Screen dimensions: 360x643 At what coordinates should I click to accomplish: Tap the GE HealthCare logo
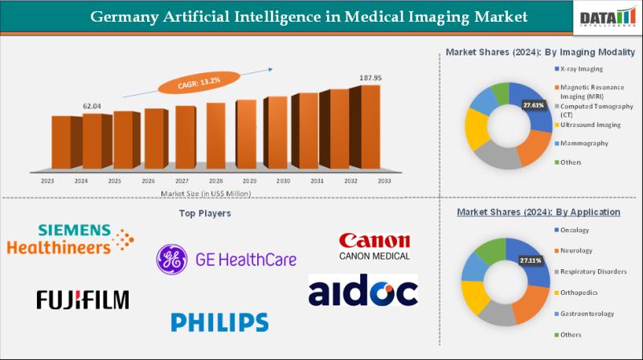pos(227,260)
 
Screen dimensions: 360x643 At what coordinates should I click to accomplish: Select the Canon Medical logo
pos(374,247)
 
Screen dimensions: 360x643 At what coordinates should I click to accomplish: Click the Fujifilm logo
pos(83,300)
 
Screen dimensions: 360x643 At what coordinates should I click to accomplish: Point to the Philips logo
pos(219,322)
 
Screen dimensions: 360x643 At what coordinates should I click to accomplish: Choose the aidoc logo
pos(363,291)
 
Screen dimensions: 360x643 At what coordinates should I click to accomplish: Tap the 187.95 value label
pos(370,78)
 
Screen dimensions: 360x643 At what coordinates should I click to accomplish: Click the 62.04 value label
pos(93,106)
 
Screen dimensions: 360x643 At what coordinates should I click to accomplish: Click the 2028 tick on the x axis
pos(215,182)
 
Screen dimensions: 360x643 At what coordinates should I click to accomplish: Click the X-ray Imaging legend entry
pos(582,68)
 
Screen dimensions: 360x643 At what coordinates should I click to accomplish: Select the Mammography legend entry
pos(584,143)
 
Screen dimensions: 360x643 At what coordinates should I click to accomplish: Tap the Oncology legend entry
pos(575,230)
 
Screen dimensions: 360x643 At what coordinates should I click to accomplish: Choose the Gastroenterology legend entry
pos(588,313)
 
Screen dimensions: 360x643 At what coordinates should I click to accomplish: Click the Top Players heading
pos(204,214)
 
